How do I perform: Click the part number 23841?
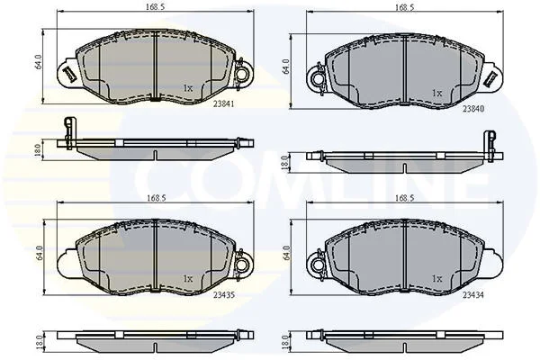(x=223, y=104)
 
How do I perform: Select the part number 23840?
(x=473, y=109)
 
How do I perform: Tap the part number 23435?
(x=224, y=295)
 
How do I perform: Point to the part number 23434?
(x=473, y=295)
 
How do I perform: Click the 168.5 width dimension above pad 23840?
(x=405, y=7)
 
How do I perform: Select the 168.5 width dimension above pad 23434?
(x=405, y=198)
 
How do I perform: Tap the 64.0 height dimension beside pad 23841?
(x=38, y=61)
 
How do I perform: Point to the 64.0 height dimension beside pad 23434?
(x=286, y=253)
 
